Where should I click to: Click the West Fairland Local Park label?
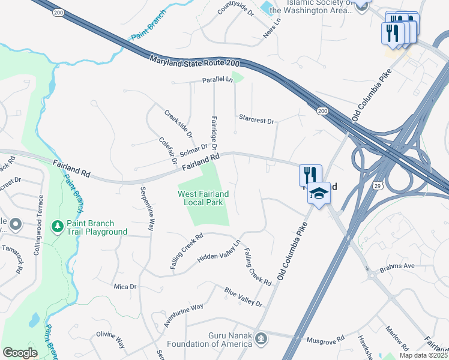[203, 198]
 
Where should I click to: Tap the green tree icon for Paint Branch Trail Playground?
[58, 226]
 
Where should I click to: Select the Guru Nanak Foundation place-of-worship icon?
[261, 339]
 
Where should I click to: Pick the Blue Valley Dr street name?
[244, 297]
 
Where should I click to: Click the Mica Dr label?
[125, 287]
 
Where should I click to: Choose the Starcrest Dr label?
[256, 119]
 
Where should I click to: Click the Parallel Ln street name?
[217, 80]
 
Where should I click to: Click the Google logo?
[20, 353]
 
